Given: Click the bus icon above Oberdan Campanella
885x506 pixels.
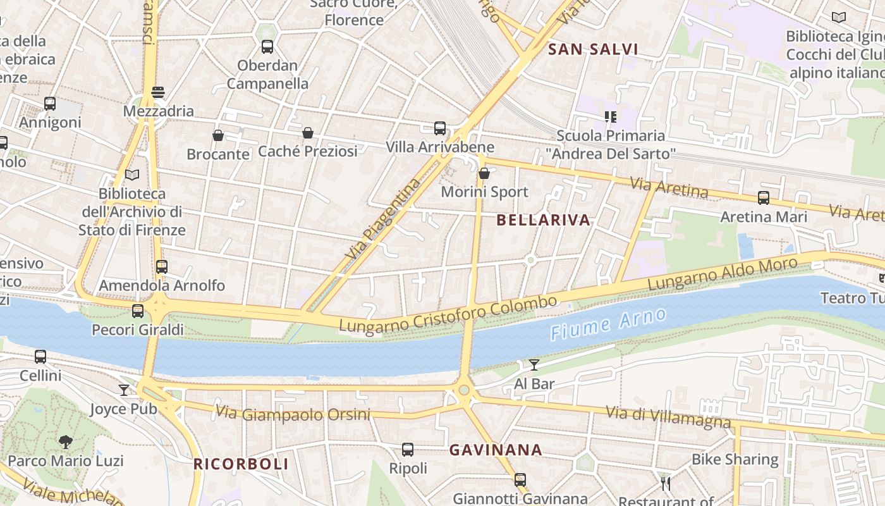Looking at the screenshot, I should coord(267,46).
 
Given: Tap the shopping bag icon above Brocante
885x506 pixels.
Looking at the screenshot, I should coord(218,135).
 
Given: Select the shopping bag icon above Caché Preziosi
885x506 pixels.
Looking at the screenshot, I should coord(308,133).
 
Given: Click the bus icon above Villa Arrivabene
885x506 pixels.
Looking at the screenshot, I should coord(440,128).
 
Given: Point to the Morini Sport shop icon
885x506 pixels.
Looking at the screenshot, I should coord(484,173).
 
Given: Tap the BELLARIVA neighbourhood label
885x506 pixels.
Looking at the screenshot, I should coord(543,220).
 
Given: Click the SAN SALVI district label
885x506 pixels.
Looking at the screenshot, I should coord(592,49).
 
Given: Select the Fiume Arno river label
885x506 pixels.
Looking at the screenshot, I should coord(607,324).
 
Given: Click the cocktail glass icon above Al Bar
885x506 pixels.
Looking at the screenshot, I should coord(534,365).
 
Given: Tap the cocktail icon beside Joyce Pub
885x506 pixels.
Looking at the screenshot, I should coord(124,390).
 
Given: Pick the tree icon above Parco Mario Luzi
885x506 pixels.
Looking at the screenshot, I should coord(65,442).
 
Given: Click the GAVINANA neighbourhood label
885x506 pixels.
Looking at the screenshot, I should coord(496,450).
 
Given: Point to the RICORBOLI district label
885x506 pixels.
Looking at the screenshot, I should coord(241,464).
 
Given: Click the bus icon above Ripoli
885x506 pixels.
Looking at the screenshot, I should coord(408,450).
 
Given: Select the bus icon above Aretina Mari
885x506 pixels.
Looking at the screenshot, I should coord(764,198).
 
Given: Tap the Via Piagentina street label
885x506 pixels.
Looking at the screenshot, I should coord(383,219).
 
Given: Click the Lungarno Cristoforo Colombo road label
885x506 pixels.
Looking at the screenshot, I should coord(448,313).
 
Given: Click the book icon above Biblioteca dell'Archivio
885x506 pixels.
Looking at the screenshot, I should coord(132,175).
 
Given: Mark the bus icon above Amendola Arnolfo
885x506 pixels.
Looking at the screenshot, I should coord(162,267).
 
